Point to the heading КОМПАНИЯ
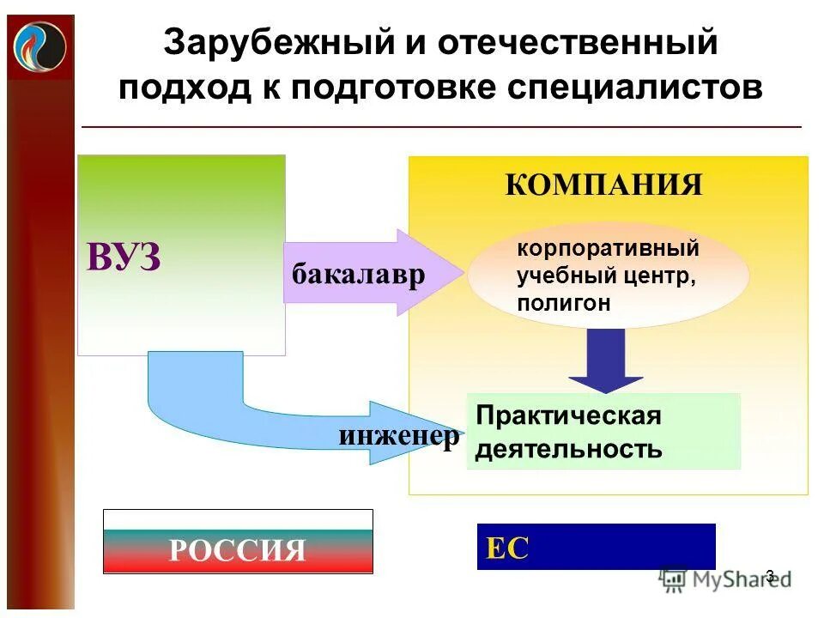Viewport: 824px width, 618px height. [x=603, y=185]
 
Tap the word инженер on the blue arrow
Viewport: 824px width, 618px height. [x=399, y=436]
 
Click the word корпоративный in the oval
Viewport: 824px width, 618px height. [x=608, y=250]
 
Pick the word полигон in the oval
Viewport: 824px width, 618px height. [x=564, y=303]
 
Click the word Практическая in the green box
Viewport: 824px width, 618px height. [x=568, y=416]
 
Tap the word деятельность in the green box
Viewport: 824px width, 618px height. [x=568, y=449]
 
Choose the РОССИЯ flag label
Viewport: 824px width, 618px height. [x=238, y=548]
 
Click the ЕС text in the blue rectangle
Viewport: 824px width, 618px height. [x=507, y=548]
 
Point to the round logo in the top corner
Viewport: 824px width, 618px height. [x=39, y=46]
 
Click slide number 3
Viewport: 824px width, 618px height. [x=770, y=576]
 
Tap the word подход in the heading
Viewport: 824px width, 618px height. [x=181, y=88]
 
